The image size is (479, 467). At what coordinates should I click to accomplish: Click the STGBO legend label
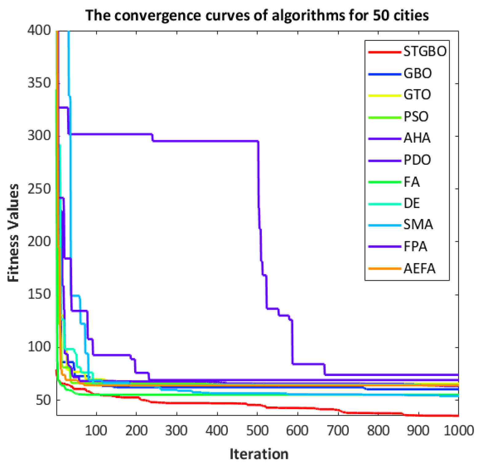pos(425,51)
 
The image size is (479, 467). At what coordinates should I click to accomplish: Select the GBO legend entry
pos(418,73)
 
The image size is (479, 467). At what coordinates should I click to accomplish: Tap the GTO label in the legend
pos(417,95)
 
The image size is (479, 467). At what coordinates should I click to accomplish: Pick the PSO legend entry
pos(416,117)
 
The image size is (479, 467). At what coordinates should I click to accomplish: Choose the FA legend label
pos(411,182)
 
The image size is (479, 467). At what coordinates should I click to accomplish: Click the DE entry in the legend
pos(411,203)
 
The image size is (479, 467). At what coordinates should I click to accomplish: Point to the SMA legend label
pos(418,225)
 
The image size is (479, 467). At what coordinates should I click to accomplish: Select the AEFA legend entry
pos(419,269)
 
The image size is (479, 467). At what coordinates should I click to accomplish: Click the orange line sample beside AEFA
pos(384,269)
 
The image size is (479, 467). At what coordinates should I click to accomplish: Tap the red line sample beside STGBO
pos(384,52)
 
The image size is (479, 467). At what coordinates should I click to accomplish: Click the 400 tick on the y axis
pos(39,30)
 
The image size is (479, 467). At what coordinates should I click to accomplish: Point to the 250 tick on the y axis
pos(39,189)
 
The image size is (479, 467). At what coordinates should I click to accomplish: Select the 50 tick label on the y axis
pos(43,400)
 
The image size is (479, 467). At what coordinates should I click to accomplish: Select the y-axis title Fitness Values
pos(13,233)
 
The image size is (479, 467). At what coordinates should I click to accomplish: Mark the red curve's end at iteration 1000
pos(458,416)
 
